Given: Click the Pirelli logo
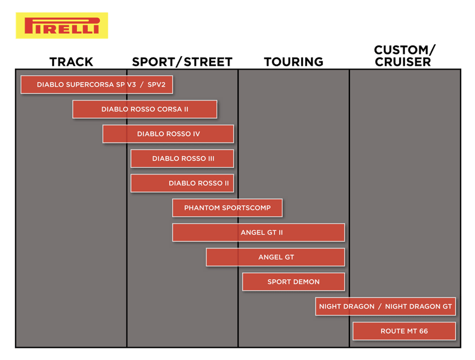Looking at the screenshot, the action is point(62,25).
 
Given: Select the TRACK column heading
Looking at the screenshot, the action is point(71,62).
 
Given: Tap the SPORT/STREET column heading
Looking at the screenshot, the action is point(182,62).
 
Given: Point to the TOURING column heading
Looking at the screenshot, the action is point(294,62).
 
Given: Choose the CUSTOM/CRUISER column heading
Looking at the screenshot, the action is point(404,56).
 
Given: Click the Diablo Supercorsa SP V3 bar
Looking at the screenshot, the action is point(96,84).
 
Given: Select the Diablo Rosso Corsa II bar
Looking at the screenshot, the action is point(145,109).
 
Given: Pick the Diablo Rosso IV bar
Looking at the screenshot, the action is point(168,134).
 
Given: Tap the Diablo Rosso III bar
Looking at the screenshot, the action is point(182,158).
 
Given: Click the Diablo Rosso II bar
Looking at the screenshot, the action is point(182,183).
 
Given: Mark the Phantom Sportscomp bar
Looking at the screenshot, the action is point(227,208).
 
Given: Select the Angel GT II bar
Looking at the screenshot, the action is point(258,233).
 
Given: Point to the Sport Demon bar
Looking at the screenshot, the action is point(294,282).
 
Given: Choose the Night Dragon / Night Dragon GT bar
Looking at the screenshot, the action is point(386,307).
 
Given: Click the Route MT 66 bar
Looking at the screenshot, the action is point(404,331).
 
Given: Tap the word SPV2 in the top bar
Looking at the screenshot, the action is point(156,84).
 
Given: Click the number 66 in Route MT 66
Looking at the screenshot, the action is point(423,331).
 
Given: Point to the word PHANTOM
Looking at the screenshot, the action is point(202,208).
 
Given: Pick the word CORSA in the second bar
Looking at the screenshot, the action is point(169,109).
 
